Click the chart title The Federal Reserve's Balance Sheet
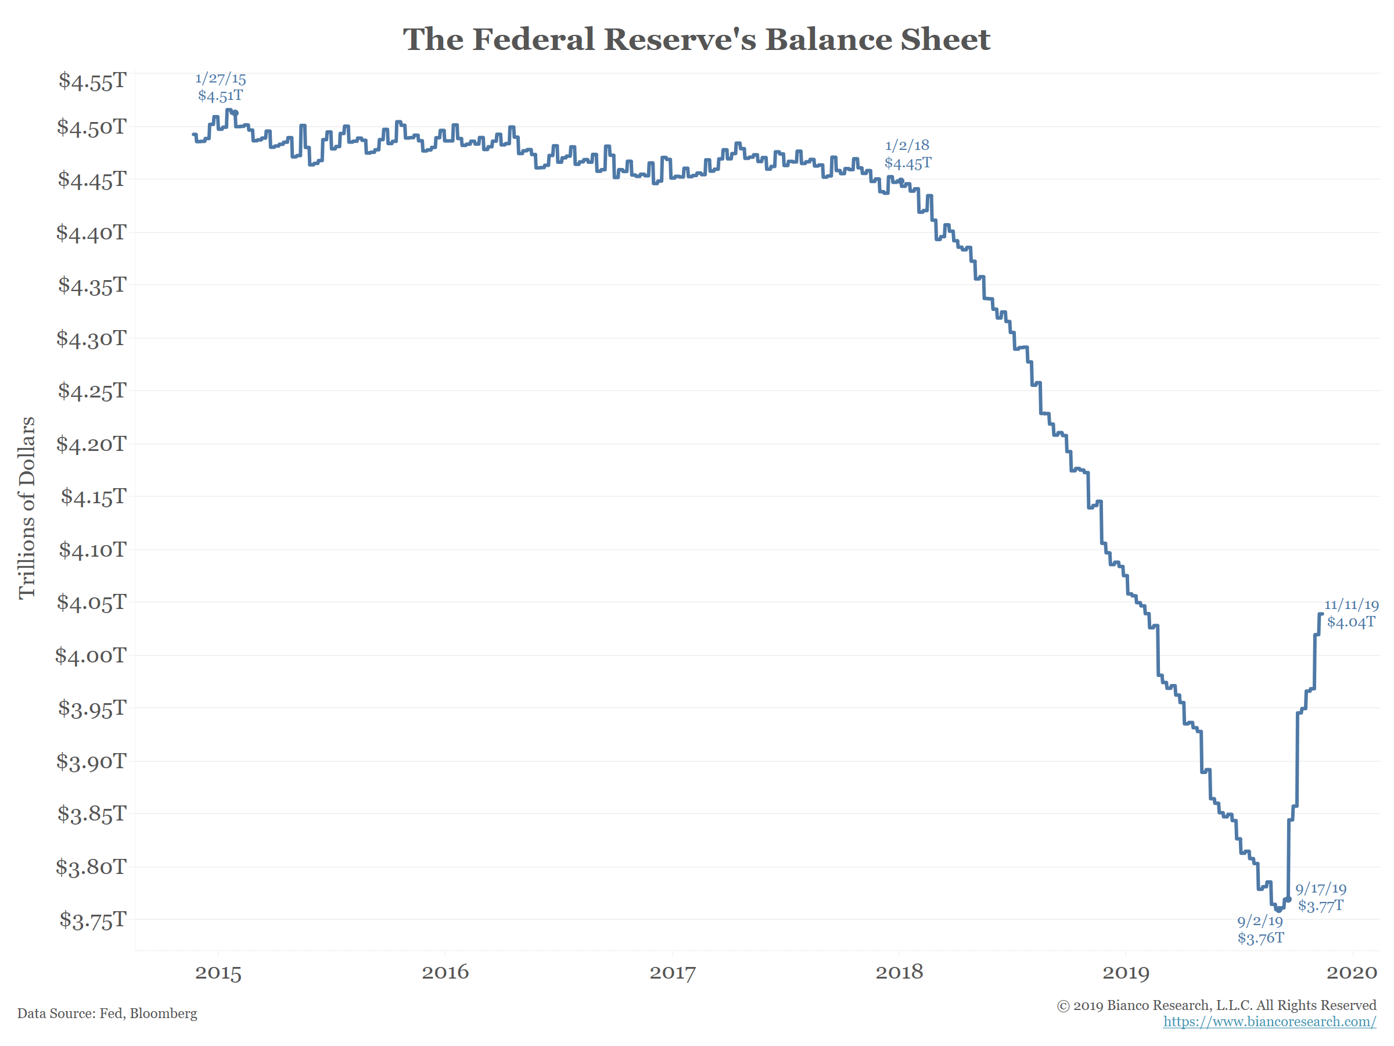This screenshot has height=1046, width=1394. click(696, 40)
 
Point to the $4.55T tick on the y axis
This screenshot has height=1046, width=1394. click(92, 81)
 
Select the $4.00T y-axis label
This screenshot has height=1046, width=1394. click(91, 655)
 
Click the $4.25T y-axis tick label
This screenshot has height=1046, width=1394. click(92, 391)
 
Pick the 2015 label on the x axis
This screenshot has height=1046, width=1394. click(218, 972)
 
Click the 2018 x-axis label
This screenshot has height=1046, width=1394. click(899, 972)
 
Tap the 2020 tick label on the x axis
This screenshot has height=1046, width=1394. click(1351, 972)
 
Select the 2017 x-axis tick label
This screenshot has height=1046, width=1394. click(672, 972)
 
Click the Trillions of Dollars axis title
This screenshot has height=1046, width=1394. click(27, 507)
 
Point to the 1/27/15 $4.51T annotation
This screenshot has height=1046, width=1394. click(220, 87)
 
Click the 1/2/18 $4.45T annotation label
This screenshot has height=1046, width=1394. click(907, 155)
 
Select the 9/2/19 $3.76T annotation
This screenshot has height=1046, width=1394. click(1260, 929)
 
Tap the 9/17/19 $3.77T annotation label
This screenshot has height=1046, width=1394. click(1320, 897)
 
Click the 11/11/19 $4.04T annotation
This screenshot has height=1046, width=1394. click(1350, 614)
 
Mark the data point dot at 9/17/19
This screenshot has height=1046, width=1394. click(1289, 899)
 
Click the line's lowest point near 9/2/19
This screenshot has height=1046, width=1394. click(1278, 910)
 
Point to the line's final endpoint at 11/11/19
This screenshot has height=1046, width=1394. click(1321, 614)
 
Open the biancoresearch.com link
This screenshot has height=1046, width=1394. click(1269, 1022)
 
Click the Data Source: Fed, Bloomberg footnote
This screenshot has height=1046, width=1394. click(107, 1013)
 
